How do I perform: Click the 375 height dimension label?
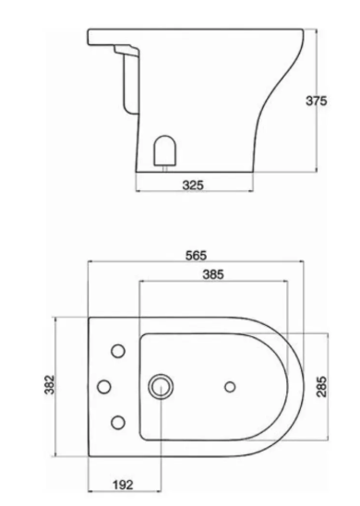click(316, 101)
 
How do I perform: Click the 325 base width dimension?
click(193, 186)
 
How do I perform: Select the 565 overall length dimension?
click(196, 256)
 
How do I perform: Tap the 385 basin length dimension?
click(213, 274)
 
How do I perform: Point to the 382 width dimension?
click(49, 384)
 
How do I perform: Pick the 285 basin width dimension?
click(321, 387)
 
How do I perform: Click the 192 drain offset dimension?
click(123, 485)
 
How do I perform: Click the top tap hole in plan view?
click(118, 351)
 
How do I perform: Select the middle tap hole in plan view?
click(104, 387)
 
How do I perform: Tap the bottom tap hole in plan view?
click(118, 422)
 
